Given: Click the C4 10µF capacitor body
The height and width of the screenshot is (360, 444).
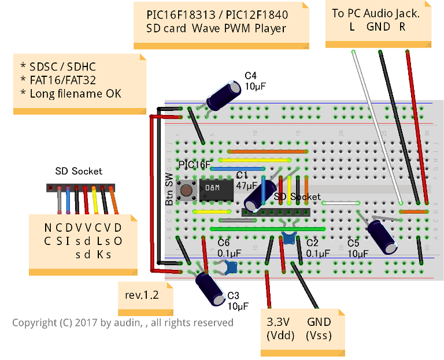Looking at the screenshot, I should point(224,95).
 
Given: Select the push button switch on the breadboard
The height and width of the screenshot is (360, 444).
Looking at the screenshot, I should point(186,190).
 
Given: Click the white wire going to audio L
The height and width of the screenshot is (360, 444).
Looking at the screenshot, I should point(376,127).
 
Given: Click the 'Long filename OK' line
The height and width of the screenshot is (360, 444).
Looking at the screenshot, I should point(71,93).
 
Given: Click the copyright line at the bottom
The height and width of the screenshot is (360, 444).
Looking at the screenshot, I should point(123,322).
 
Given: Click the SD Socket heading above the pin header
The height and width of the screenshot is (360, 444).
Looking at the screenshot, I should point(79,171).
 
